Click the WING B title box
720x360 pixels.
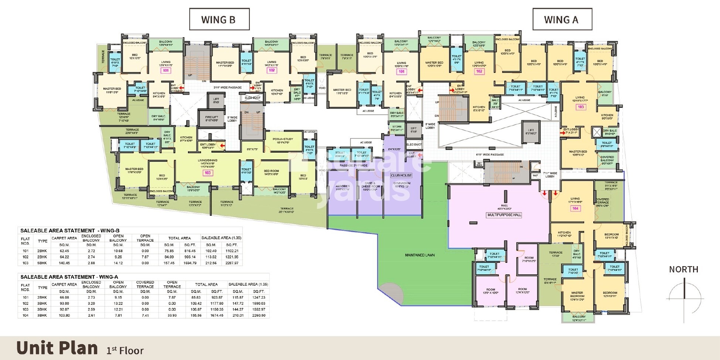pyautogui.click(x=219, y=20)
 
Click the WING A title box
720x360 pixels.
pyautogui.click(x=562, y=20)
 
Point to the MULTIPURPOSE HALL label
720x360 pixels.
pyautogui.click(x=504, y=215)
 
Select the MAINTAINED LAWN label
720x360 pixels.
pyautogui.click(x=420, y=255)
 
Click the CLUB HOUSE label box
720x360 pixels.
pyautogui.click(x=401, y=175)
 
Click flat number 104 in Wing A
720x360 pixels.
pyautogui.click(x=575, y=208)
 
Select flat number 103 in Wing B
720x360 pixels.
pyautogui.click(x=208, y=173)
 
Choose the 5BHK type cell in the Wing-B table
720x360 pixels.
pyautogui.click(x=42, y=263)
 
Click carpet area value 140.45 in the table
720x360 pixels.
pyautogui.click(x=64, y=263)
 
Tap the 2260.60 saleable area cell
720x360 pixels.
pyautogui.click(x=258, y=315)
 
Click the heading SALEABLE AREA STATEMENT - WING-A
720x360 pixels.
pyautogui.click(x=69, y=277)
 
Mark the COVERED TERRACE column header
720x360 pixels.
pyautogui.click(x=145, y=284)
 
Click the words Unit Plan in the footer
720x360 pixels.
pyautogui.click(x=57, y=348)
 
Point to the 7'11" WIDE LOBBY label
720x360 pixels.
pyautogui.click(x=550, y=174)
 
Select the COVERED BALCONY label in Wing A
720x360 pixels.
pyautogui.click(x=607, y=160)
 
